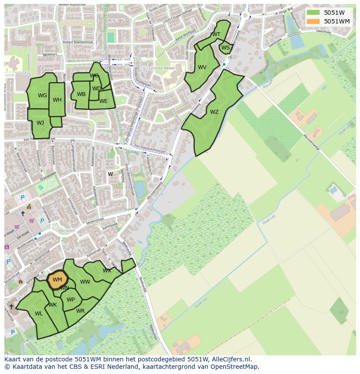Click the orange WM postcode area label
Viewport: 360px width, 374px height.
pos(57,280)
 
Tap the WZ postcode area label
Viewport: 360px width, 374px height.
pos(214,112)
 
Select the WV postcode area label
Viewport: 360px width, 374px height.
pos(202,67)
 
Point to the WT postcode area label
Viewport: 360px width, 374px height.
pos(216,34)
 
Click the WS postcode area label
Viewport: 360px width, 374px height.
pos(225,48)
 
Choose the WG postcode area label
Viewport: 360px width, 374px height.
pos(42,96)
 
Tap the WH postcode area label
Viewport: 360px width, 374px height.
pos(57,100)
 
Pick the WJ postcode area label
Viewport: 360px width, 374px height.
pos(40,123)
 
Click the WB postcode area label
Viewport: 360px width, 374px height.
pos(81,94)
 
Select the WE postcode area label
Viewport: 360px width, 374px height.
pos(103,101)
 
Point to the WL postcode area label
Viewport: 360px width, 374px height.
pos(39,314)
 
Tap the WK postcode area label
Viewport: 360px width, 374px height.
pos(53,305)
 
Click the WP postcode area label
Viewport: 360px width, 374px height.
pos(70,300)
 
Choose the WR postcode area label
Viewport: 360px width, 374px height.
pos(80,311)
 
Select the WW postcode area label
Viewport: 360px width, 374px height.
pos(85,282)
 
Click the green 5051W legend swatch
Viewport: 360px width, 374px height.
pos(313,13)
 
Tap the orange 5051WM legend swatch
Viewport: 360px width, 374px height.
pos(313,21)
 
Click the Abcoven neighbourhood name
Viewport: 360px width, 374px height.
pos(66,231)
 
